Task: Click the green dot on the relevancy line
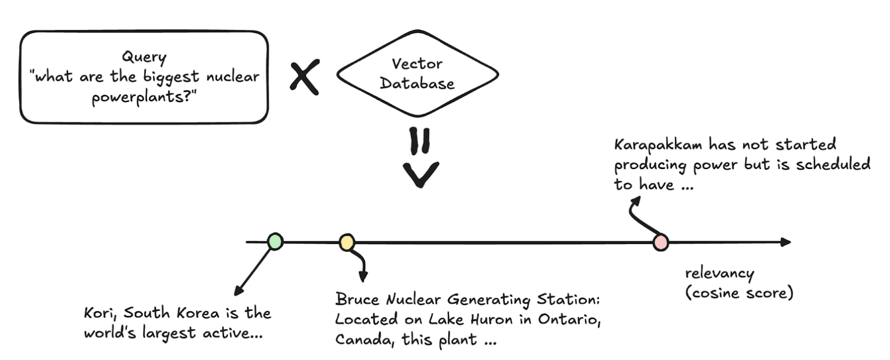[275, 241]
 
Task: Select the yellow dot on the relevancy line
[346, 242]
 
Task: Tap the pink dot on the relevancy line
[661, 242]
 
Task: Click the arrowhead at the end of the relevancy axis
[786, 242]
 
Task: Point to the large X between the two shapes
[304, 77]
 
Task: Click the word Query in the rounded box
[144, 57]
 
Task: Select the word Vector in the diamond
[417, 64]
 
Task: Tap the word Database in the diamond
[417, 84]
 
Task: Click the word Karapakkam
[657, 145]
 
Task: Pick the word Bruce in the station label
[357, 299]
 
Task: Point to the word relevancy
[719, 273]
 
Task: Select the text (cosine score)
[739, 293]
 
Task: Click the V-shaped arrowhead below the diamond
[420, 175]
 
